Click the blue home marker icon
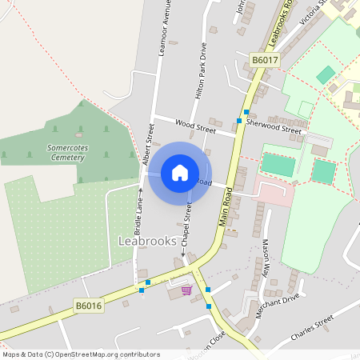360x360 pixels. tap(180, 173)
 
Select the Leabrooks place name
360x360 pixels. tap(147, 241)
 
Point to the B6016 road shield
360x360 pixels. tap(89, 306)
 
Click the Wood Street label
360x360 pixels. tap(195, 126)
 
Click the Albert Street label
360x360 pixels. tap(149, 145)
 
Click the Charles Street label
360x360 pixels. tap(311, 329)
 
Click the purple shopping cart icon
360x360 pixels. tap(187, 290)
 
